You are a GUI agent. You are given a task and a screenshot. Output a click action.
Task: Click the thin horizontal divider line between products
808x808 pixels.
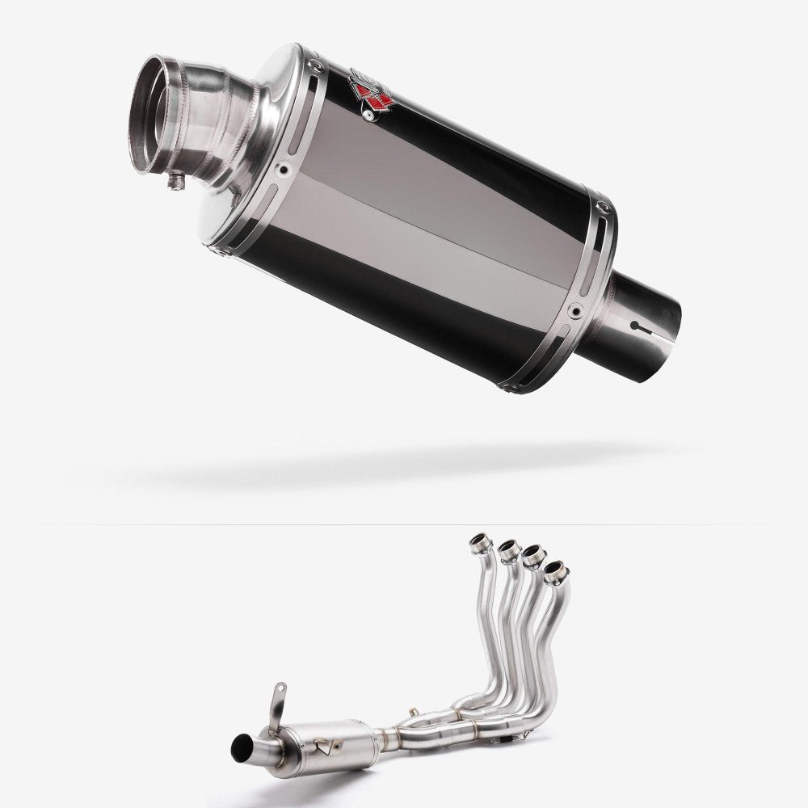pyautogui.click(x=404, y=524)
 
